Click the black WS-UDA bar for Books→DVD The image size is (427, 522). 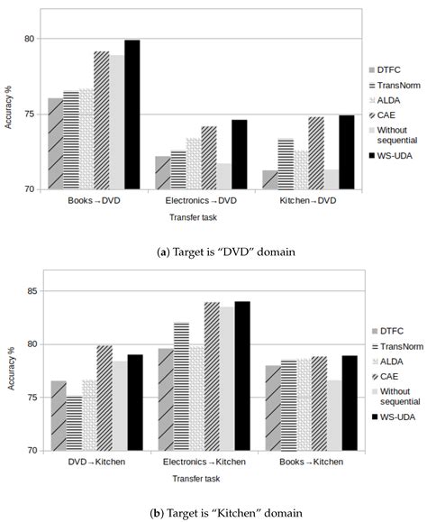pos(132,115)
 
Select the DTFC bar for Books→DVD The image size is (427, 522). pos(55,143)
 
